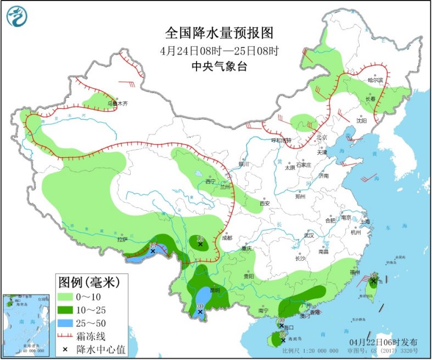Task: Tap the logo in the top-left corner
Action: (16, 16)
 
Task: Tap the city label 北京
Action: (321, 137)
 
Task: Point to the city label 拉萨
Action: (122, 239)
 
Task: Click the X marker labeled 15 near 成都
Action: (201, 245)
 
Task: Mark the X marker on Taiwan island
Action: (373, 282)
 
